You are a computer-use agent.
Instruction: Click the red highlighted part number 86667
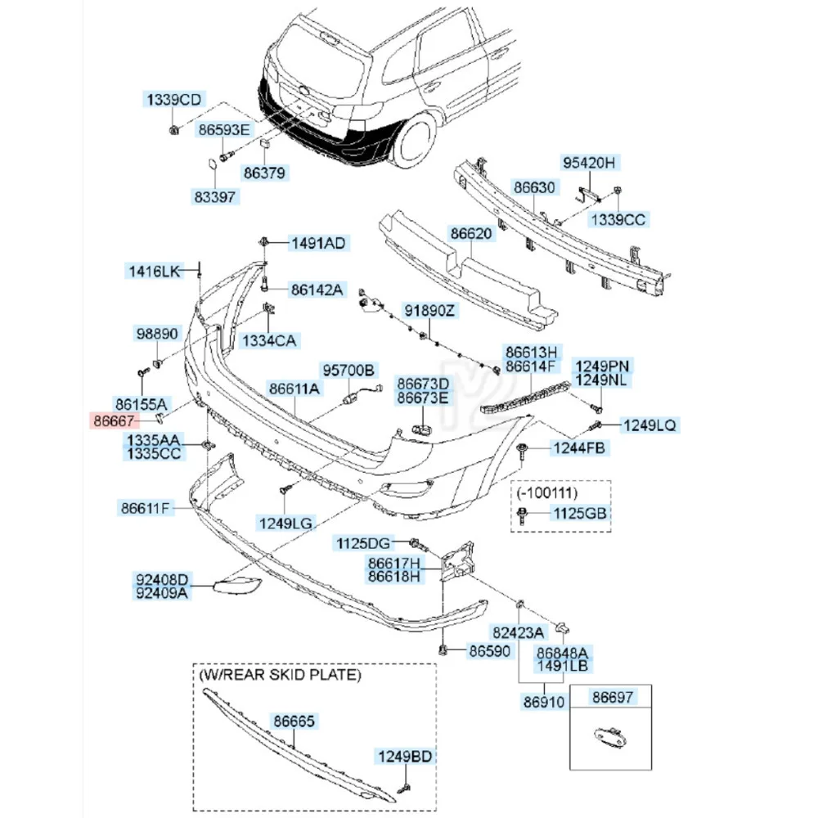[x=115, y=421]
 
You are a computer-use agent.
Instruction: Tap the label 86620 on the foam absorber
[x=471, y=233]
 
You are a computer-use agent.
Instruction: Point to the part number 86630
[x=534, y=187]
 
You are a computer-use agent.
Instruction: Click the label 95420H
[x=587, y=163]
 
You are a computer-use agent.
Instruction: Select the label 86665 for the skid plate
[x=294, y=722]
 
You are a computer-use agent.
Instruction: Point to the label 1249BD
[x=403, y=756]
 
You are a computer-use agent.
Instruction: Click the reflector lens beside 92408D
[x=237, y=585]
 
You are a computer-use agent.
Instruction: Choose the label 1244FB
[x=580, y=447]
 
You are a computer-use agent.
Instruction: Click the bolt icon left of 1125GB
[x=523, y=514]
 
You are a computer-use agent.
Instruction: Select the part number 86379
[x=263, y=173]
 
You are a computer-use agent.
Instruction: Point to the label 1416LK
[x=152, y=270]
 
